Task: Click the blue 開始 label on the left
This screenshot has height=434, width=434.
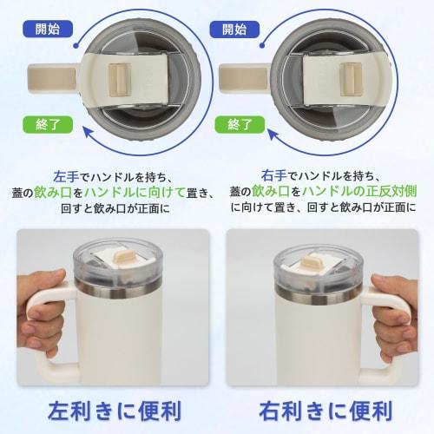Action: tap(48, 29)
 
